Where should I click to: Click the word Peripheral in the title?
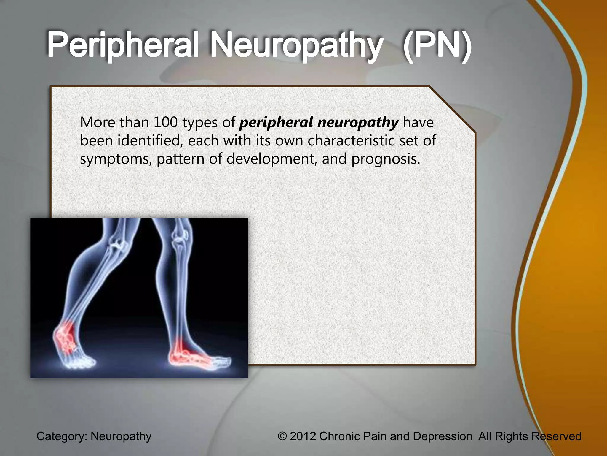point(122,45)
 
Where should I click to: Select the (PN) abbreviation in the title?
point(437,45)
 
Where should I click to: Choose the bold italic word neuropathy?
point(358,123)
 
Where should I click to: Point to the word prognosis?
point(386,159)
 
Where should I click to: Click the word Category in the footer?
point(61,436)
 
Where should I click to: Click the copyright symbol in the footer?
point(282,436)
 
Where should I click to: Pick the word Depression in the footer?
point(442,436)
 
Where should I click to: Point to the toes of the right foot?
point(222,362)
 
